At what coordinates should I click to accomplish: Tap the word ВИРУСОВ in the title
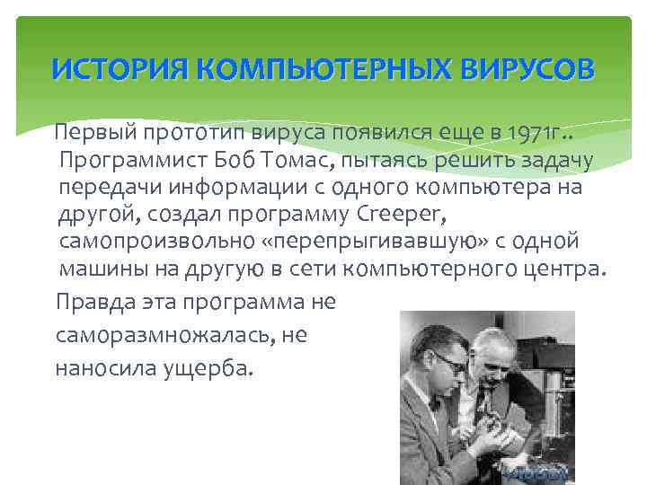point(529,68)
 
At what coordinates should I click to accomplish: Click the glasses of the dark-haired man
point(447,361)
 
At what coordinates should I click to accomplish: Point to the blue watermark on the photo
point(536,472)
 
